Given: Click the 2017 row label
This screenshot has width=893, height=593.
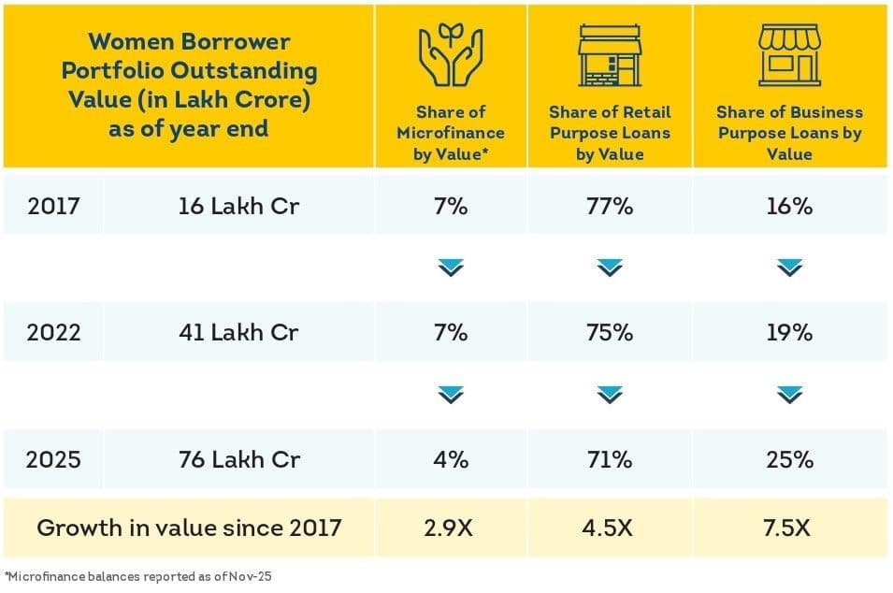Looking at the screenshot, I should [x=53, y=207].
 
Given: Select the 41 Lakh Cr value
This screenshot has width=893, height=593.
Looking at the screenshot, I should [x=238, y=333].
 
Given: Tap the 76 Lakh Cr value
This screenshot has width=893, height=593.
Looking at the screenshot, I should [x=238, y=460].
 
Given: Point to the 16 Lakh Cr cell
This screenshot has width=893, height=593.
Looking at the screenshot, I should [x=238, y=207].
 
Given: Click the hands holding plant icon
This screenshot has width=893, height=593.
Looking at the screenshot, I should [x=450, y=56].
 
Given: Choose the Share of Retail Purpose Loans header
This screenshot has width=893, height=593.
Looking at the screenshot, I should [x=610, y=133].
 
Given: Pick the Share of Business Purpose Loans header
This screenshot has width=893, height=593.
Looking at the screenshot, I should [x=789, y=133].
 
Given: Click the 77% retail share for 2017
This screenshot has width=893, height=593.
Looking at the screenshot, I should [x=610, y=207].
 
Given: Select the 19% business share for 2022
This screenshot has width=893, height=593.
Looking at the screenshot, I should [x=789, y=333].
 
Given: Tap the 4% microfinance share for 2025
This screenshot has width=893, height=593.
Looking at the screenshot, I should [x=451, y=460].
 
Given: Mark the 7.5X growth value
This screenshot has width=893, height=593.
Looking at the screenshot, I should [x=789, y=528].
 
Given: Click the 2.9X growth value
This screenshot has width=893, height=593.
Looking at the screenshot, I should [x=451, y=528].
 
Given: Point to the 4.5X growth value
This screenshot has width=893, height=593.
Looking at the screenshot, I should [x=610, y=528].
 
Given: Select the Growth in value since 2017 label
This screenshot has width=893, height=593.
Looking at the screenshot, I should [x=189, y=528].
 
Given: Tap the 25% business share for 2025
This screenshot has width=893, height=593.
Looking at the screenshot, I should [x=789, y=460].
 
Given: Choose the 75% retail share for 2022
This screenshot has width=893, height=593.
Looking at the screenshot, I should [x=610, y=333].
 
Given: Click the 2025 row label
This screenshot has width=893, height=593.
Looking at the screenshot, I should [x=53, y=460].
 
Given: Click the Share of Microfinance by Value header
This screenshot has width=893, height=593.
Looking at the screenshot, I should [x=451, y=133].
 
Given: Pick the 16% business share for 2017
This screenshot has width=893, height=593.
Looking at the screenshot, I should [x=789, y=207].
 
